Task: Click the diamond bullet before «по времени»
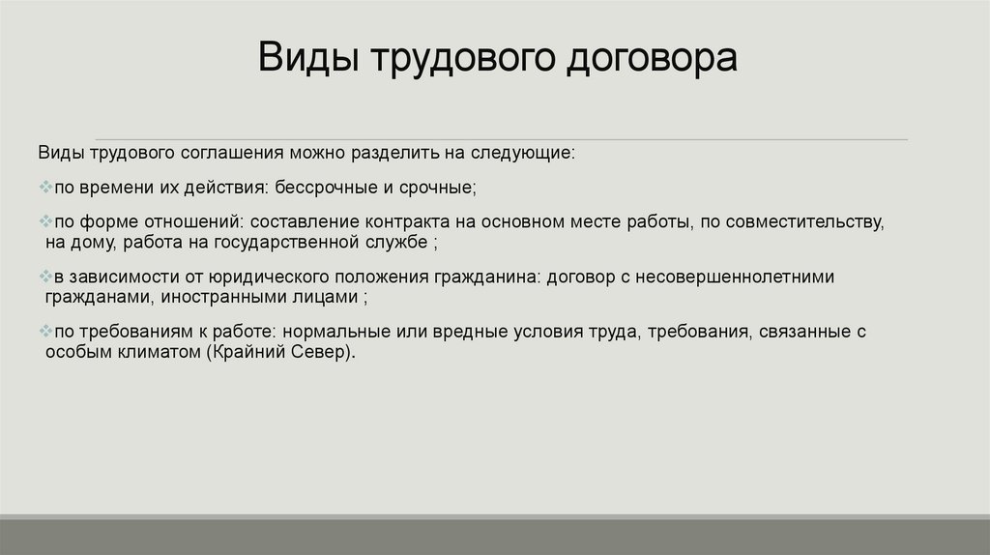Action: pos(45,186)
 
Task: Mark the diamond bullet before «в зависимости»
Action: pos(45,277)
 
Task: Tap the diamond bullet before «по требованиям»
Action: pos(45,332)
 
